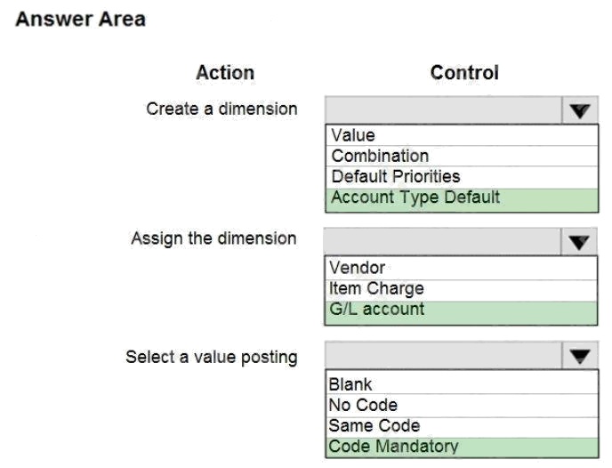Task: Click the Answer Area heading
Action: tap(80, 20)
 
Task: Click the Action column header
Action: tap(225, 73)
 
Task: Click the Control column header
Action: tap(464, 73)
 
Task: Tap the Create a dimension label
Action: tap(221, 109)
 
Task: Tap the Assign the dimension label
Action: tap(213, 238)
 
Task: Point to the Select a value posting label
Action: tap(212, 357)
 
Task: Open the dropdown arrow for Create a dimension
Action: tap(580, 110)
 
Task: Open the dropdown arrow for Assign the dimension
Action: tap(579, 242)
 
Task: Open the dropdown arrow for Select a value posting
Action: tap(580, 356)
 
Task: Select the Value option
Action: tap(353, 135)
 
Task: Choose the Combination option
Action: tap(380, 156)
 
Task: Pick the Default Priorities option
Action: tap(396, 176)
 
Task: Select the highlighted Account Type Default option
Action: tap(415, 198)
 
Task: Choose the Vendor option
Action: tap(357, 268)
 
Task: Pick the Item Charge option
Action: tap(376, 289)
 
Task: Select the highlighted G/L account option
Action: tap(376, 309)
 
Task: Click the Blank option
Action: tap(350, 384)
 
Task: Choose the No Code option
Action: tap(363, 405)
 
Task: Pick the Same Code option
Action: tap(374, 426)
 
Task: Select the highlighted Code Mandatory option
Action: tap(393, 447)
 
